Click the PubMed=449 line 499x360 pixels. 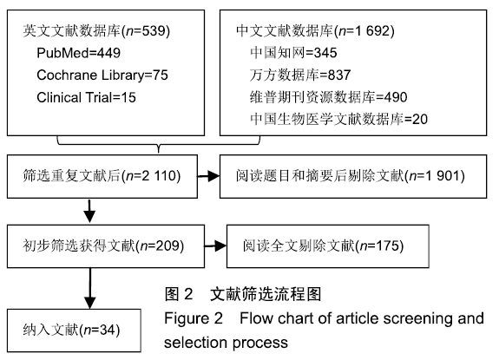tap(79, 53)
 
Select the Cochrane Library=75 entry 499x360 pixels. tap(102, 75)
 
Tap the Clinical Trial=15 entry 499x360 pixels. tap(86, 97)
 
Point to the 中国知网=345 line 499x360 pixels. tap(293, 53)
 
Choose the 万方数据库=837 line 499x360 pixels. tap(300, 75)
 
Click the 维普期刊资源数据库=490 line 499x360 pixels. tap(328, 97)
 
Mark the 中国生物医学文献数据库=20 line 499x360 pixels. tap(338, 119)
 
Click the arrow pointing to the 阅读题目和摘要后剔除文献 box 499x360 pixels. tap(208, 176)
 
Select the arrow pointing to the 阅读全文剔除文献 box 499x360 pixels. tap(215, 245)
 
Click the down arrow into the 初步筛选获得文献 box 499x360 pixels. tap(89, 211)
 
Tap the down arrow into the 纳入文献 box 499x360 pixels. tap(90, 288)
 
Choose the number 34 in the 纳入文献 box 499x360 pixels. tap(108, 330)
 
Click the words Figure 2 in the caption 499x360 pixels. tap(194, 318)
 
